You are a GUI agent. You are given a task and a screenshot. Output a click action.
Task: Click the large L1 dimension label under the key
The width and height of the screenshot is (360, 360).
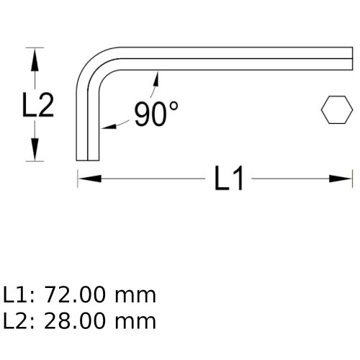point(230,179)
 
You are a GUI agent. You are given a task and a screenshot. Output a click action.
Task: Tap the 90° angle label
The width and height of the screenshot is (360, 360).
point(156,114)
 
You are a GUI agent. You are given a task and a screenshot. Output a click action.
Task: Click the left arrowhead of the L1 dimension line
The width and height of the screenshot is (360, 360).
point(84,178)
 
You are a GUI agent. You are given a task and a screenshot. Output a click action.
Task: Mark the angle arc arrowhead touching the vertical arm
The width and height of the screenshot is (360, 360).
point(106,127)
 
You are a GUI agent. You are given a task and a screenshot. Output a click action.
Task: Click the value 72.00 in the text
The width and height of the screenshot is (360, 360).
point(74,295)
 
